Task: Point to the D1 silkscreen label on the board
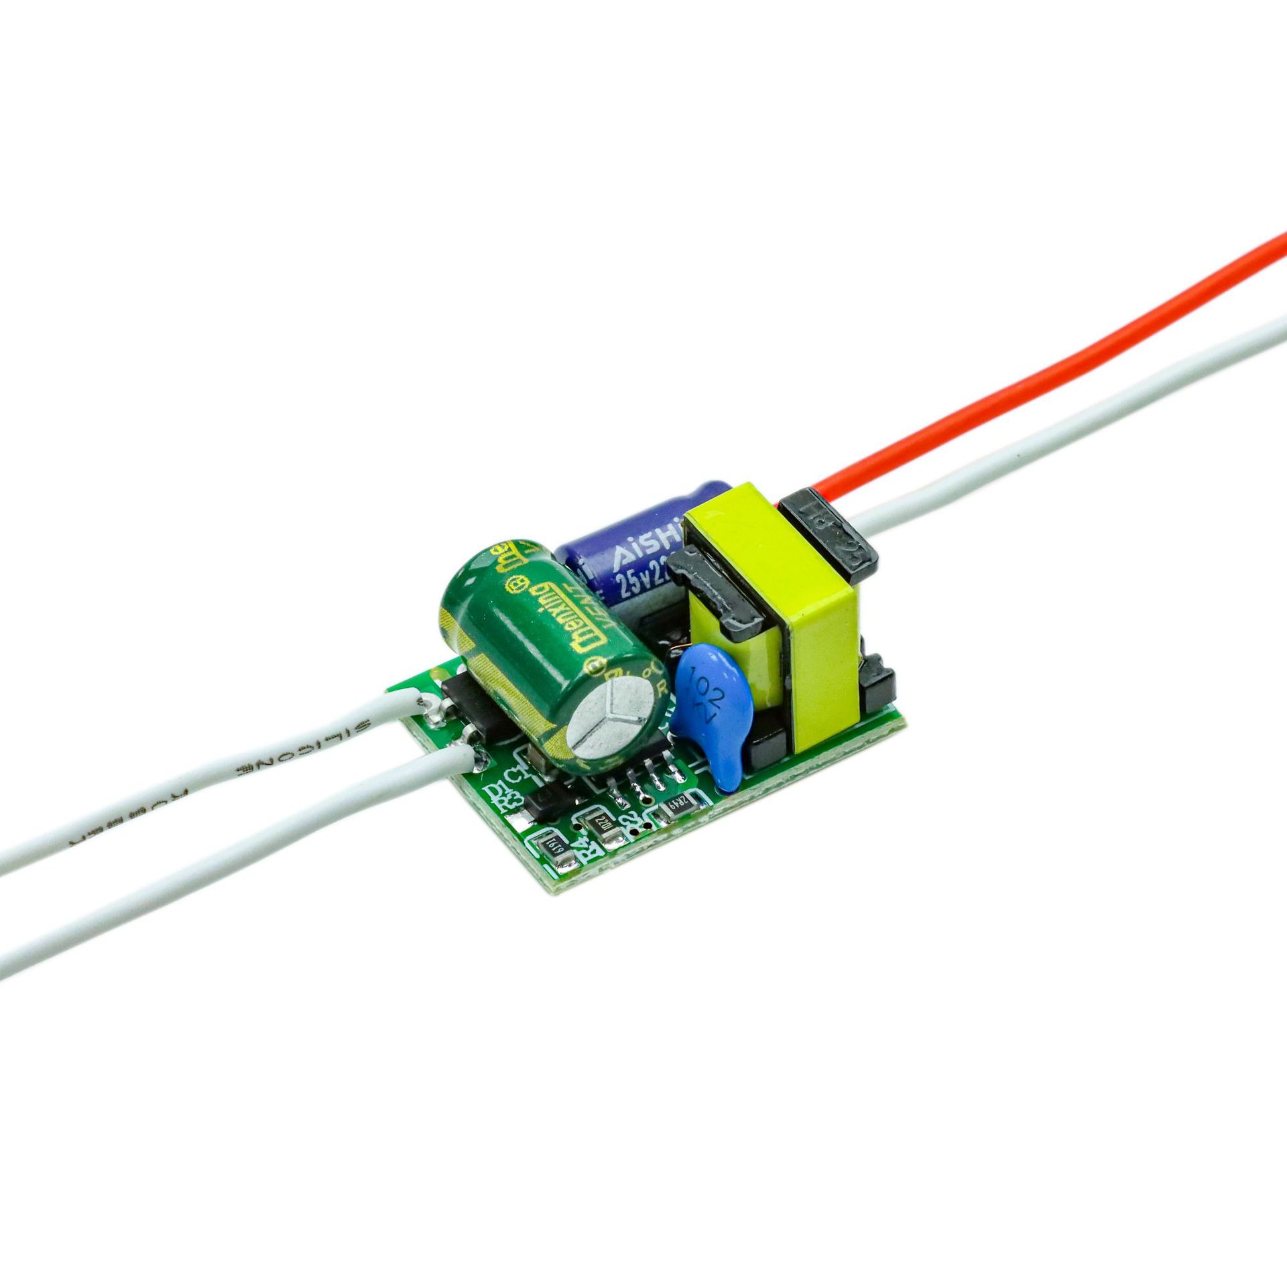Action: coord(497,790)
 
